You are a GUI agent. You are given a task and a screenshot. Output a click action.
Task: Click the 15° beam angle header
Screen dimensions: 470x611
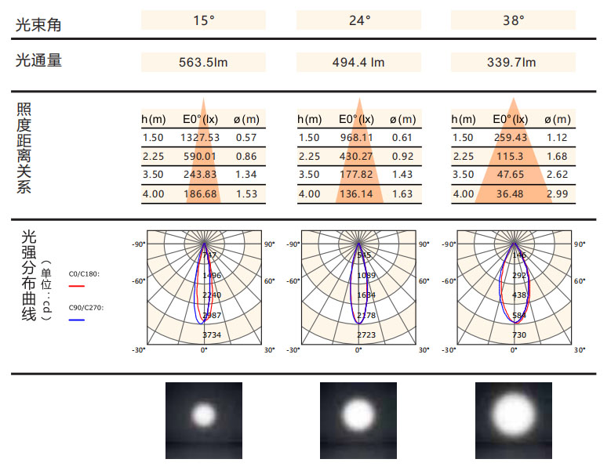pyautogui.click(x=203, y=20)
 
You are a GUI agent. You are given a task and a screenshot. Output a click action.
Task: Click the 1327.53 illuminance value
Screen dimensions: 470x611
pyautogui.click(x=201, y=138)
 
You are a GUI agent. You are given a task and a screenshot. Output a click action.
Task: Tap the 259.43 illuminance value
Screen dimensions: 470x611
pyautogui.click(x=511, y=138)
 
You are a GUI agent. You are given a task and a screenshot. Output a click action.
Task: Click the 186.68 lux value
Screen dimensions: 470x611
pyautogui.click(x=201, y=194)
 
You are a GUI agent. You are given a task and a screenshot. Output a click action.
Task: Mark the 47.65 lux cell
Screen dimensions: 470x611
pyautogui.click(x=511, y=175)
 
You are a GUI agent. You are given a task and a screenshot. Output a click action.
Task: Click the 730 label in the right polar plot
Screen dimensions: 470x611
pyautogui.click(x=519, y=334)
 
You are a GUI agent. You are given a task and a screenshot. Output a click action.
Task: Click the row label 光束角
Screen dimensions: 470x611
pyautogui.click(x=38, y=25)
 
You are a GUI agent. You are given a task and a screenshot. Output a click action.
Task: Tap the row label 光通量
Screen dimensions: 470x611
pyautogui.click(x=38, y=60)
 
